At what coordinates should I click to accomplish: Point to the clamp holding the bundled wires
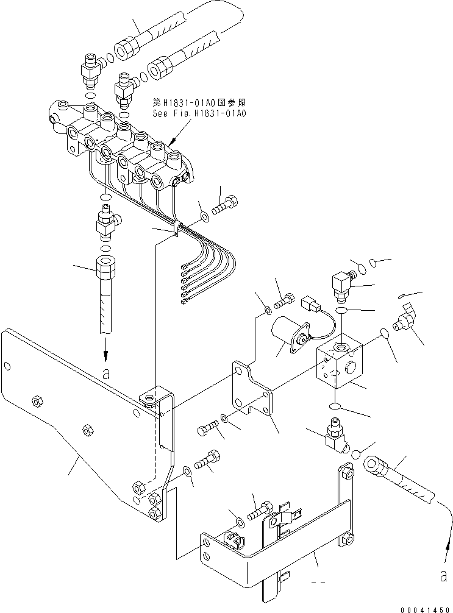pos(176,229)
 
